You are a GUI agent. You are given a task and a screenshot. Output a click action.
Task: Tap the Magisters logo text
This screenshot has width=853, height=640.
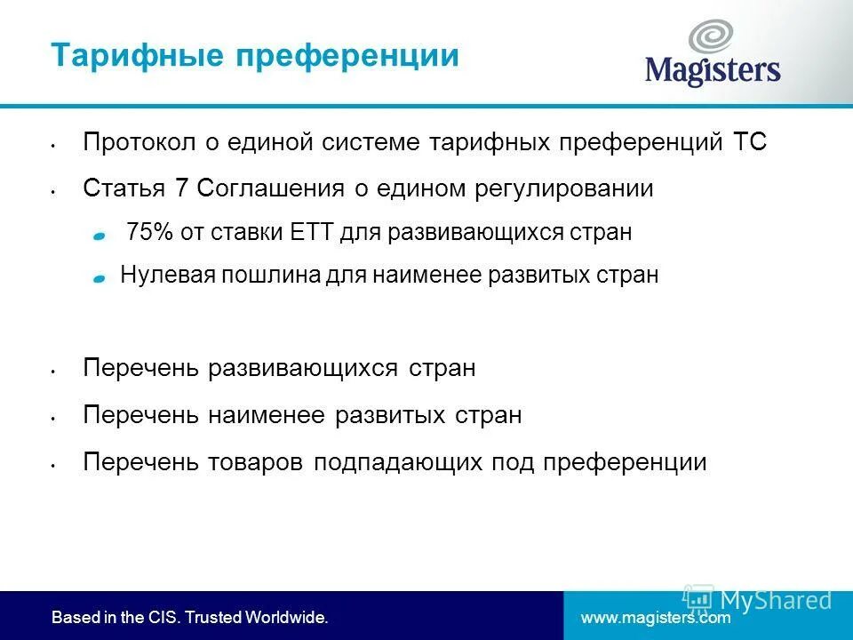pos(713,69)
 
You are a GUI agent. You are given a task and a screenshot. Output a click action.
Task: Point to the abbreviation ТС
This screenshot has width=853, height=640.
pos(750,142)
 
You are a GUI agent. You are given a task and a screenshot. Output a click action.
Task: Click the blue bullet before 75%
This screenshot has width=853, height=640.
pos(100,236)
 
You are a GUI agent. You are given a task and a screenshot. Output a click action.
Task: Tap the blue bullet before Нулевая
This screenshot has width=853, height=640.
pos(100,278)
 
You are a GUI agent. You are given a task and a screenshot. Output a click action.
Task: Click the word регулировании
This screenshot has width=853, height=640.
pos(566,188)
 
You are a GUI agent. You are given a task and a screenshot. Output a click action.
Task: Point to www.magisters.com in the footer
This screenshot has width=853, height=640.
pos(655,617)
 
